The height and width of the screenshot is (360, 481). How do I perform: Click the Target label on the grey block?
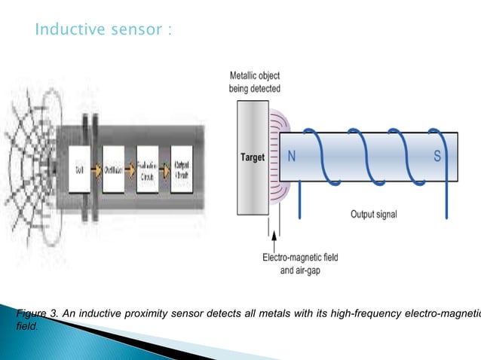pos(252,157)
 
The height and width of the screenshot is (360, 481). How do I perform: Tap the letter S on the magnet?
pos(437,157)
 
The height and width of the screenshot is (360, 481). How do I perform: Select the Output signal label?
pos(373,214)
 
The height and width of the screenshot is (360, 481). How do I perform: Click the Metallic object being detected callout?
pos(254,82)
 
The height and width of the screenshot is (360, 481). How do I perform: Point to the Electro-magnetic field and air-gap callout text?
pos(300,263)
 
